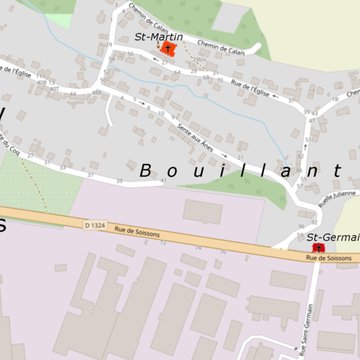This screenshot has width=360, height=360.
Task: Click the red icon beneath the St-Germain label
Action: tap(319, 247)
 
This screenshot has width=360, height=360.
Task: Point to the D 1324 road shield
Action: tap(95, 225)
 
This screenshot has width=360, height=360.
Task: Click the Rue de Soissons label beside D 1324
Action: tap(134, 230)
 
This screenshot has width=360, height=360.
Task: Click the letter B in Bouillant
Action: tap(146, 170)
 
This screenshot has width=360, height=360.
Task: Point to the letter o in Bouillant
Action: tap(171, 171)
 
